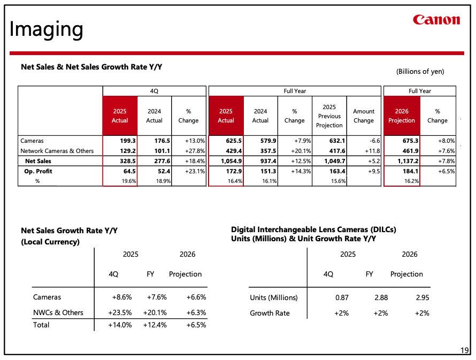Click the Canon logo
click(436, 20)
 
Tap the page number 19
click(464, 350)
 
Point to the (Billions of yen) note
click(420, 72)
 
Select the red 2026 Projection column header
click(402, 116)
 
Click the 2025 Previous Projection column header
click(329, 116)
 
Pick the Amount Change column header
click(364, 116)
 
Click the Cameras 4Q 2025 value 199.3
click(127, 141)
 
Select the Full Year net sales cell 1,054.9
click(232, 161)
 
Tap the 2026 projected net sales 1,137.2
click(408, 161)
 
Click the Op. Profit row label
click(38, 171)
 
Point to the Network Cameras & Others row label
click(57, 151)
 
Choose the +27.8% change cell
click(195, 151)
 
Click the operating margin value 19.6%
click(129, 181)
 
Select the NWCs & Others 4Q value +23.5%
click(120, 312)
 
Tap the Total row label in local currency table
click(41, 325)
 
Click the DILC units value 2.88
click(381, 298)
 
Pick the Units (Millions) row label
click(273, 298)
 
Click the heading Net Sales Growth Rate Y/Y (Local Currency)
click(69, 236)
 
